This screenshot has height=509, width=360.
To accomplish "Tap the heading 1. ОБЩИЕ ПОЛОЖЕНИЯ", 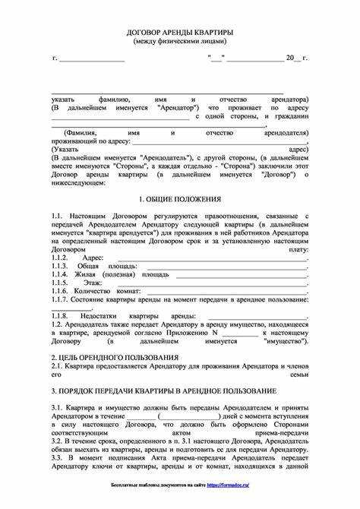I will pyautogui.click(x=179, y=199).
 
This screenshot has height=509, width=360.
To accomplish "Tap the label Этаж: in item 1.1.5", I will pyautogui.click(x=93, y=283).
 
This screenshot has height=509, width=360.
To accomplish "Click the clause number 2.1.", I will pyautogui.click(x=58, y=365).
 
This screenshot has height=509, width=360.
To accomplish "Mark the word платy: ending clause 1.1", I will pyautogui.click(x=297, y=248).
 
